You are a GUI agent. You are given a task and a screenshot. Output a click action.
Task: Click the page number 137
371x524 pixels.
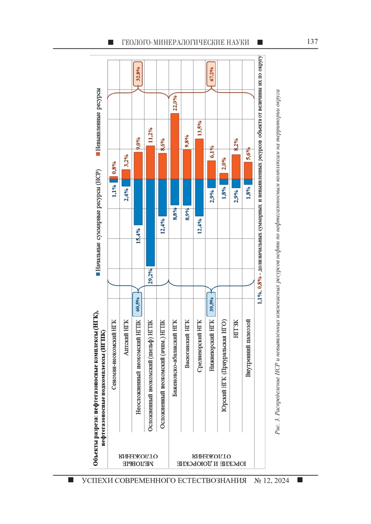click(312, 42)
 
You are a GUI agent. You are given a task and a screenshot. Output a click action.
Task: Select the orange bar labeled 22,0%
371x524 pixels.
click(175, 146)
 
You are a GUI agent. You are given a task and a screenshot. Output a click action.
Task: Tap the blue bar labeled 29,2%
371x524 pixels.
click(151, 222)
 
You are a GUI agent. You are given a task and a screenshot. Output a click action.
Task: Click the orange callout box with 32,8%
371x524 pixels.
click(138, 74)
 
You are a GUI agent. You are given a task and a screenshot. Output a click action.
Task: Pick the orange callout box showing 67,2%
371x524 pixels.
click(211, 74)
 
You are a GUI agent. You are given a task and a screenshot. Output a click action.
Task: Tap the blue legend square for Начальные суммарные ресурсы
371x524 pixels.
click(98, 274)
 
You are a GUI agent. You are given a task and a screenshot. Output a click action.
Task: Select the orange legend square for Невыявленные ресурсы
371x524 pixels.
click(98, 154)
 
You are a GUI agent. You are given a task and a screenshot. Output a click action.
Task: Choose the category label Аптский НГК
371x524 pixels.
click(126, 337)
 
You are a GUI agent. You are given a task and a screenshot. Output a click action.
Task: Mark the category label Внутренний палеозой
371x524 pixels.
click(248, 348)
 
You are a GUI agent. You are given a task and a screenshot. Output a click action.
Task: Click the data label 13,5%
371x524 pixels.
click(199, 128)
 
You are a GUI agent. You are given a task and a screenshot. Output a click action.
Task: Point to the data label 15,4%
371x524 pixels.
click(138, 236)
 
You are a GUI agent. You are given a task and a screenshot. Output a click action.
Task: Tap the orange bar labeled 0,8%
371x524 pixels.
click(114, 178)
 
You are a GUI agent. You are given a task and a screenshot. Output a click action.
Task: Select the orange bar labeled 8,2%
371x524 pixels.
click(236, 167)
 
